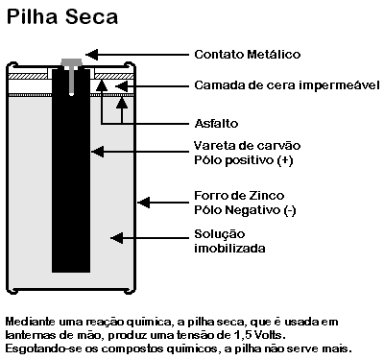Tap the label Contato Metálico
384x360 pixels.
coord(247,55)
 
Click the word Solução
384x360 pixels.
coord(220,234)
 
